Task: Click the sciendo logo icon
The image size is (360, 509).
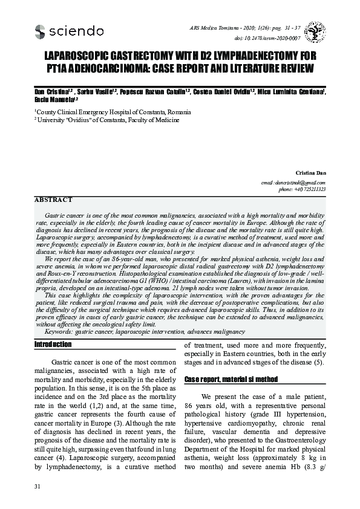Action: pyautogui.click(x=41, y=31)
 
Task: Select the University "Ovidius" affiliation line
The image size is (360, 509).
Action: pyautogui.click(x=107, y=120)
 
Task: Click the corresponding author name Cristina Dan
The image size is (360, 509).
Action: pyautogui.click(x=310, y=173)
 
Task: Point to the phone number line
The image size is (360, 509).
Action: pyautogui.click(x=302, y=189)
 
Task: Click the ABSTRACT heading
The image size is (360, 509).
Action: pyautogui.click(x=53, y=199)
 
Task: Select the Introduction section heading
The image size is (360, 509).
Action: pyautogui.click(x=53, y=345)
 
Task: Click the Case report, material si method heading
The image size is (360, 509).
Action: pyautogui.click(x=231, y=379)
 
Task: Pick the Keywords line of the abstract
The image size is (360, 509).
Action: pyautogui.click(x=145, y=331)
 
